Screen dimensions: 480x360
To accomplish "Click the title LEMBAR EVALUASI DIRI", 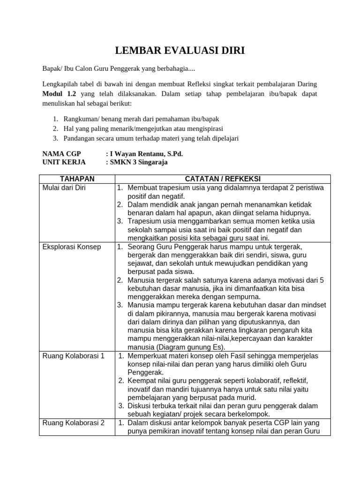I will (x=180, y=51).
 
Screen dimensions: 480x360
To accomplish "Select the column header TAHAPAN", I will (x=77, y=179).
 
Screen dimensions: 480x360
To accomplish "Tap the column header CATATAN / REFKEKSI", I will (x=223, y=179).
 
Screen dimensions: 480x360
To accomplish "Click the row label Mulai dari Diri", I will (x=64, y=187).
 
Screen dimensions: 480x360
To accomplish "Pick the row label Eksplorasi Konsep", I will (x=72, y=247).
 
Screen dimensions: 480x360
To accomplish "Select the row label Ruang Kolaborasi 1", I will (x=74, y=356).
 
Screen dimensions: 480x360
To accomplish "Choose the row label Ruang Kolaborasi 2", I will (x=74, y=423).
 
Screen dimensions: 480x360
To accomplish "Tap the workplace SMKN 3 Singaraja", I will (x=138, y=162).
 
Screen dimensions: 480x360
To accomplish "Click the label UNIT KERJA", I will (x=61, y=162).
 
